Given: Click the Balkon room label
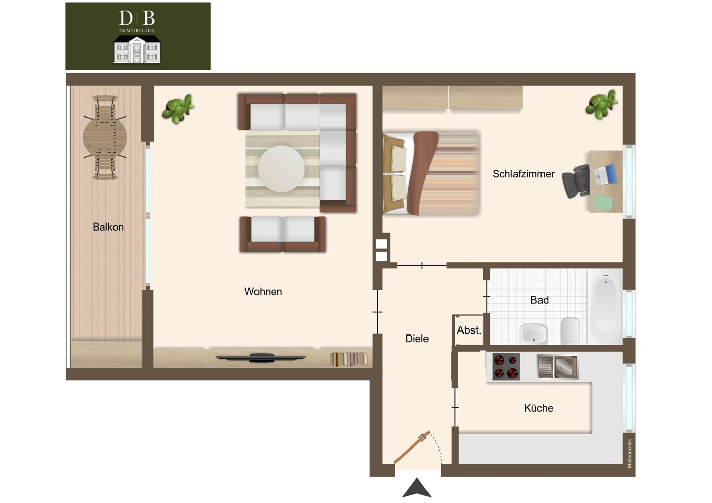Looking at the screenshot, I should pyautogui.click(x=108, y=227).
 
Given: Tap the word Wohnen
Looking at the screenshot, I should pyautogui.click(x=263, y=292).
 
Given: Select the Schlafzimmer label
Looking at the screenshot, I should pyautogui.click(x=523, y=174).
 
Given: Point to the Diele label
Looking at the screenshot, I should pyautogui.click(x=417, y=339).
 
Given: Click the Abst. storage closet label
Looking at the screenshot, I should pyautogui.click(x=469, y=331).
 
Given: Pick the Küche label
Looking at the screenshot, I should pyautogui.click(x=538, y=408).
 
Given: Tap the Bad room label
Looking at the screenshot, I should pyautogui.click(x=539, y=300).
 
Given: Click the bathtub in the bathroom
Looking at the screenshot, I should pyautogui.click(x=605, y=306).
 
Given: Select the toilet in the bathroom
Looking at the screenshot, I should pyautogui.click(x=570, y=330).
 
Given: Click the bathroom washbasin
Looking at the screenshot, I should pyautogui.click(x=533, y=334).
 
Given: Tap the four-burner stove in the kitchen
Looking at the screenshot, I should pyautogui.click(x=506, y=367).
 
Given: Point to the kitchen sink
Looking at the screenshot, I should pyautogui.click(x=558, y=367).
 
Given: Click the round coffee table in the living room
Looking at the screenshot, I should pyautogui.click(x=281, y=169).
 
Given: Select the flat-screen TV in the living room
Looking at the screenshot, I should pyautogui.click(x=261, y=358).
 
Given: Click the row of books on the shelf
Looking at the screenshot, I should pyautogui.click(x=349, y=359).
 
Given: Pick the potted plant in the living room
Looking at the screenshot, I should pyautogui.click(x=178, y=109).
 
